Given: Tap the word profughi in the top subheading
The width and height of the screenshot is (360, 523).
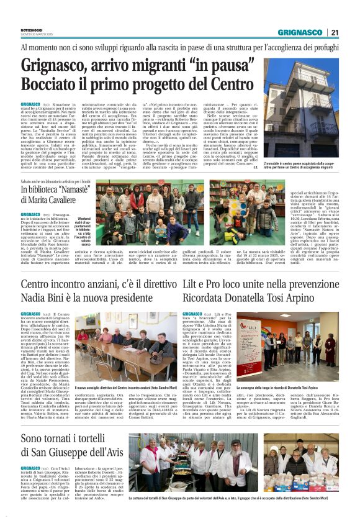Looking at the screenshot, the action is pos(325,47).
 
